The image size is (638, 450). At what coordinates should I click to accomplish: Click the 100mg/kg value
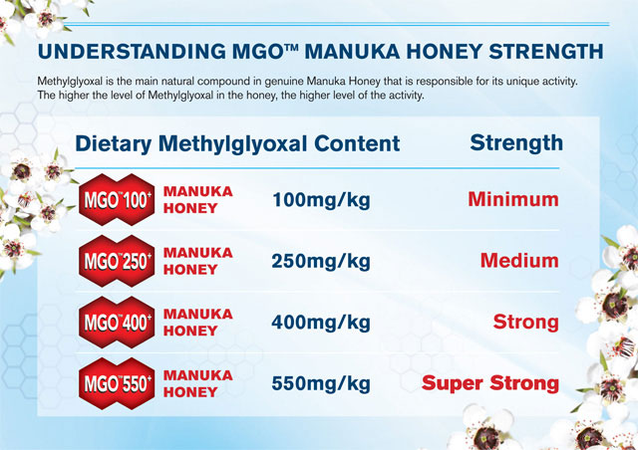pos(320,201)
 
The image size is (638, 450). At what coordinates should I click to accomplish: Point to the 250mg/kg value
pos(320,262)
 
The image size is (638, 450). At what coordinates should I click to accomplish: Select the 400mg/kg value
pos(320,323)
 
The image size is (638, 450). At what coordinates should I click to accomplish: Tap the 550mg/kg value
pos(320,383)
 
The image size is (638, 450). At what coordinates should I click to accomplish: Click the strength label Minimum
pos(512,200)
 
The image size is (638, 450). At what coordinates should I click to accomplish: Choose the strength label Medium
pos(518,261)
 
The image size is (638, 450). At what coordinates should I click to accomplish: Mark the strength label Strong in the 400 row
pos(525,323)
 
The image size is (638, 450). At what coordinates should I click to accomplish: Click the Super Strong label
pos(489,383)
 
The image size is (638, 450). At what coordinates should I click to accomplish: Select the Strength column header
pos(515,142)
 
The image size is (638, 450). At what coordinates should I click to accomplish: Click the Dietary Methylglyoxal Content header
pos(237,143)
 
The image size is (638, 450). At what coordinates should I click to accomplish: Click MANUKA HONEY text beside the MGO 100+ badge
pos(197,200)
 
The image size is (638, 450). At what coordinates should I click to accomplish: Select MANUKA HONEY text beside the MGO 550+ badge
pos(197,383)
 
